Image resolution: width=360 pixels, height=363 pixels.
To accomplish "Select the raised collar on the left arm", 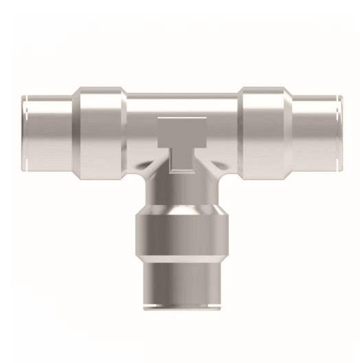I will click(101, 128).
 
